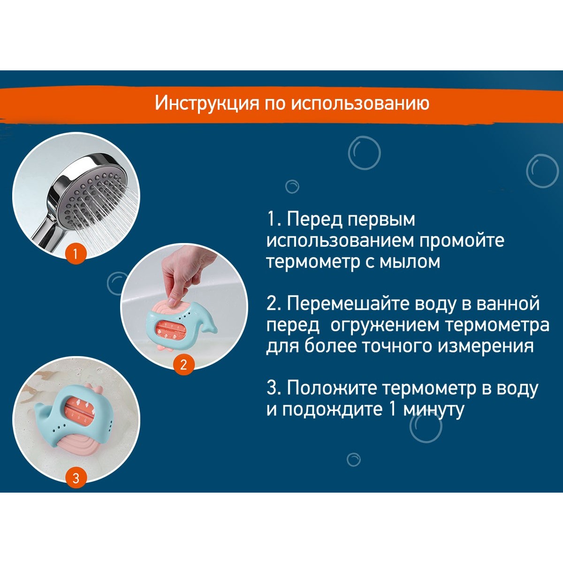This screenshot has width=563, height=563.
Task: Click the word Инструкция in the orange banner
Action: tap(207, 103)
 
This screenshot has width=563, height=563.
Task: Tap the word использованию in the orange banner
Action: tap(360, 103)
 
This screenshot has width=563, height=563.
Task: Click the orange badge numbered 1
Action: tap(76, 254)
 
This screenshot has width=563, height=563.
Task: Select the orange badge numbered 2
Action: tap(183, 365)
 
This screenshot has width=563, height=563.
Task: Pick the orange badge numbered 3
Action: tap(76, 478)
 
